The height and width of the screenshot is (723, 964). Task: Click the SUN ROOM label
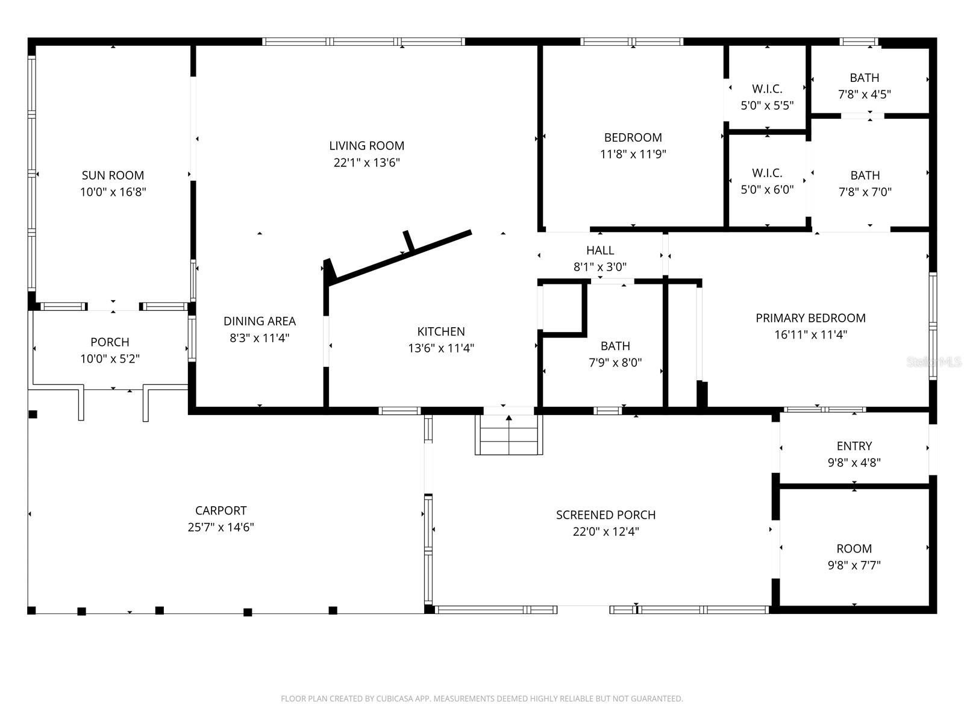click(x=113, y=175)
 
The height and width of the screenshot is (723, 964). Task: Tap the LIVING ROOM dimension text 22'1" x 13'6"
click(x=366, y=163)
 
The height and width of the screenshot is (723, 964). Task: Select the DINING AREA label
click(x=259, y=321)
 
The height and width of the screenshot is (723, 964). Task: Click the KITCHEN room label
click(x=441, y=331)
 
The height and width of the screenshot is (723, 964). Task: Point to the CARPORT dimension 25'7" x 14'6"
click(x=221, y=527)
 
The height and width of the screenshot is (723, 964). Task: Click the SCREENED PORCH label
click(x=606, y=515)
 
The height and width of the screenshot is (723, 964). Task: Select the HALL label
click(x=600, y=250)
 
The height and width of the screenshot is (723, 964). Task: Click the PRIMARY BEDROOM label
click(x=810, y=318)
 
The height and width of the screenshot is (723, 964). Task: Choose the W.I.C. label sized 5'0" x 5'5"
click(x=767, y=89)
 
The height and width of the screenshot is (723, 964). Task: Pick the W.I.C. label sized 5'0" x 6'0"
click(x=767, y=174)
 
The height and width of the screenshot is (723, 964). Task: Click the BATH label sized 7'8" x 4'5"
click(x=864, y=78)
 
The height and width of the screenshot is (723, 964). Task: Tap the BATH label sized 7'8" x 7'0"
click(x=865, y=175)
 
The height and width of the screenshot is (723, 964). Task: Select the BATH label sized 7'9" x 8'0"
click(x=615, y=346)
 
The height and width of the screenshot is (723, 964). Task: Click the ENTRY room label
click(x=854, y=446)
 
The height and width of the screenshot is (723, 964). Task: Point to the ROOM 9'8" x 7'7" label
click(x=854, y=549)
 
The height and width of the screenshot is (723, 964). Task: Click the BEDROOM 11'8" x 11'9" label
click(x=633, y=137)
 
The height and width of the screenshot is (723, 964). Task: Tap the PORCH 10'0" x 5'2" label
click(x=110, y=342)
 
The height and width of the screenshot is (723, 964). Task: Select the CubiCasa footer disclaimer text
click(x=481, y=699)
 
